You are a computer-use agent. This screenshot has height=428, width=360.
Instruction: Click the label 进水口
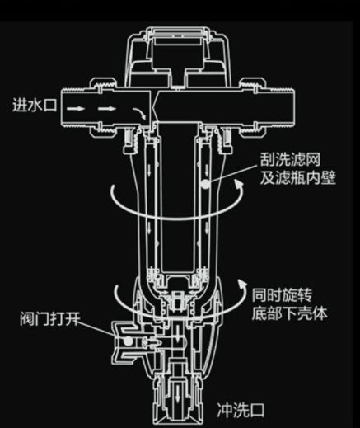pos(35,106)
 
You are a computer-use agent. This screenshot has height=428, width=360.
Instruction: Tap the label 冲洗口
pos(241,411)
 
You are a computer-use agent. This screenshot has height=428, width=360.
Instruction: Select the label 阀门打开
pos(50,319)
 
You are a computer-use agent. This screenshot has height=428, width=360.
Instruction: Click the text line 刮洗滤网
pos(290,160)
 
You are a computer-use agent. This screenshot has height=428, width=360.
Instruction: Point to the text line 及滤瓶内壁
pos(298,177)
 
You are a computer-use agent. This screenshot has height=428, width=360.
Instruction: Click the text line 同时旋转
pos(282,295)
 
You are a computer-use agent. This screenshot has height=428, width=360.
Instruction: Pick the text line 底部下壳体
pos(290,313)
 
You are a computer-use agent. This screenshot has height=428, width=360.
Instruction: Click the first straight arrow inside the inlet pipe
pos(76,109)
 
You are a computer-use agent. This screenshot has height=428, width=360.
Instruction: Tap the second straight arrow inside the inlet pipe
pos(107,109)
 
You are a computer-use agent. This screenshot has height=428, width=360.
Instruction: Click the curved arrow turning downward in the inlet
pos(140,113)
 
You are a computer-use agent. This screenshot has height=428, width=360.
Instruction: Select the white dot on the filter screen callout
pos(205,184)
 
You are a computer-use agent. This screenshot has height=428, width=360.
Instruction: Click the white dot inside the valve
pos(128,341)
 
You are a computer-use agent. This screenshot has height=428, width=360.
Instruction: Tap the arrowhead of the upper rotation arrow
pos(240,184)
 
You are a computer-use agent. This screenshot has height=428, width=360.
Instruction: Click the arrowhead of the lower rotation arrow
pos(241,284)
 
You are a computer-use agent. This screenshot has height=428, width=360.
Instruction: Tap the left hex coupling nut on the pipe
pos(103,108)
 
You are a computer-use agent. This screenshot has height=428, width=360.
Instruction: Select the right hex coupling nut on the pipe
pos(253,107)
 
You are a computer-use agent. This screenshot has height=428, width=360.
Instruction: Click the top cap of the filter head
pos(178,31)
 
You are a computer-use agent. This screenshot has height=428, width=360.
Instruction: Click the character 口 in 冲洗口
pos(257,411)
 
